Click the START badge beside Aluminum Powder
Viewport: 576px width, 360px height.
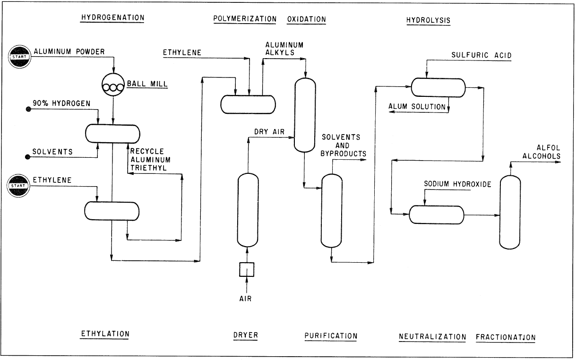(x=20, y=56)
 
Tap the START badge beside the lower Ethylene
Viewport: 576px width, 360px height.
(x=20, y=185)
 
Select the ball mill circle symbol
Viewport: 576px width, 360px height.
(x=113, y=85)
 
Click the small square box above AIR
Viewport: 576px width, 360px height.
(x=247, y=270)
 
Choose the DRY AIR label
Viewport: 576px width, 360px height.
(x=269, y=132)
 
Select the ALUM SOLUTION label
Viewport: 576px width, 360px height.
(x=417, y=107)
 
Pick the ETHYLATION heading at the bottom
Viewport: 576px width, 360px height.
(x=104, y=334)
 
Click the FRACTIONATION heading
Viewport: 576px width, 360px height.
(x=506, y=337)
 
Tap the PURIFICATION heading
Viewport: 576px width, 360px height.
(x=331, y=336)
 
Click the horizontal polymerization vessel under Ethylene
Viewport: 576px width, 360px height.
(x=248, y=104)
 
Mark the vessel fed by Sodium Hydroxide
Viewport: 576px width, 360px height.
(x=436, y=214)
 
